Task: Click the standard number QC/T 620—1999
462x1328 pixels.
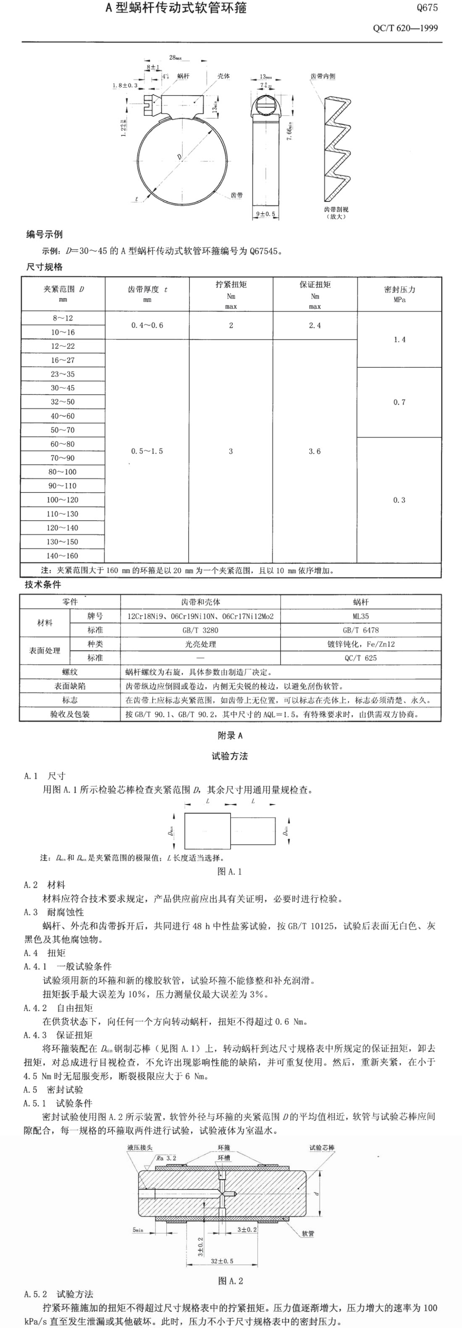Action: pos(405,28)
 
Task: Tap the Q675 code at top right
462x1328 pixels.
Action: pos(427,8)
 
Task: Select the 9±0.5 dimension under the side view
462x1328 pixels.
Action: pos(265,213)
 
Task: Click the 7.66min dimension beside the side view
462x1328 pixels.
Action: pos(290,131)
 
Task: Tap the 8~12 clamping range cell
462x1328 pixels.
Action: pos(63,318)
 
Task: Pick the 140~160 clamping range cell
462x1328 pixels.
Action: pos(63,556)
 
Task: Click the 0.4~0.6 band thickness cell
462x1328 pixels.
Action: pos(147,325)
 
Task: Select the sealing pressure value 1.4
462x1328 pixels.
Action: pos(399,339)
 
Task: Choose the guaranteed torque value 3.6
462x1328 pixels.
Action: pos(315,451)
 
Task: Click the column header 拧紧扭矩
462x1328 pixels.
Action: pos(231,285)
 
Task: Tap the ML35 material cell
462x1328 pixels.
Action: pos(360,616)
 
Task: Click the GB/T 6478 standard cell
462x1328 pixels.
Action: pos(360,630)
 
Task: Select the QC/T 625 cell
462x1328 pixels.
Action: pos(360,658)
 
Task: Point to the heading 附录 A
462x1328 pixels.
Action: pos(230,736)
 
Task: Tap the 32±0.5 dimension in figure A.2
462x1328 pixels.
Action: pos(222,1261)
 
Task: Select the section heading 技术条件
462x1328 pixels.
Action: pos(43,584)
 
